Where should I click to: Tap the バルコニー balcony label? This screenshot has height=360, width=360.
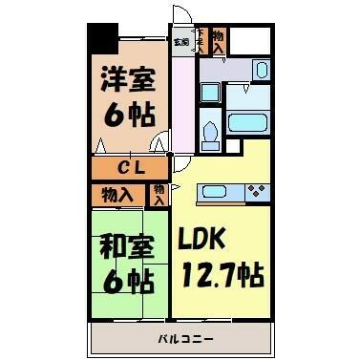180,338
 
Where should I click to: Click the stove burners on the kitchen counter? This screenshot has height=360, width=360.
255,192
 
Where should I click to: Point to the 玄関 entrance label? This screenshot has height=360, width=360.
181,42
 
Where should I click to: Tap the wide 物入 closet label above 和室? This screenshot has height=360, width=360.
118,195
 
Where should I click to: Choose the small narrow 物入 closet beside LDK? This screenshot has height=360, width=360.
159,195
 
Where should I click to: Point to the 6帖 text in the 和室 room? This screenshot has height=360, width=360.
127,281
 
